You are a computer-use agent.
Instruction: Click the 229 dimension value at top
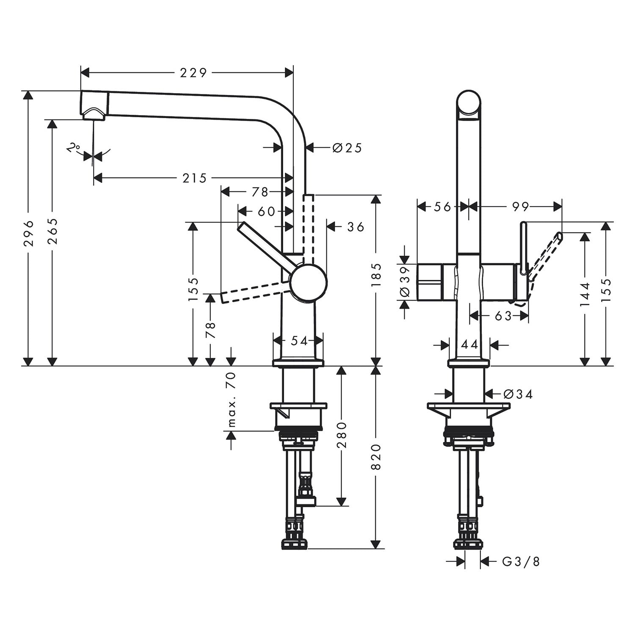[x=193, y=73]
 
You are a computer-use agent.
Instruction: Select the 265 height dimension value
[x=52, y=231]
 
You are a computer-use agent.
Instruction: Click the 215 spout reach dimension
[x=194, y=178]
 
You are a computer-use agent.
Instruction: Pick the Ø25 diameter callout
[x=347, y=148]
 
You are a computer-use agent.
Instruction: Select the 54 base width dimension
[x=299, y=340]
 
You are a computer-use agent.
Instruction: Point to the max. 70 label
[x=231, y=399]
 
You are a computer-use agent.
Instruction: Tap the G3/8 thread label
[x=521, y=562]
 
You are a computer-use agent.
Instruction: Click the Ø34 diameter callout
[x=518, y=395]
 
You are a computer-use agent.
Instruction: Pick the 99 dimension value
[x=520, y=207]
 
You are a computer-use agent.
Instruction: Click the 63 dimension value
[x=503, y=315]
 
